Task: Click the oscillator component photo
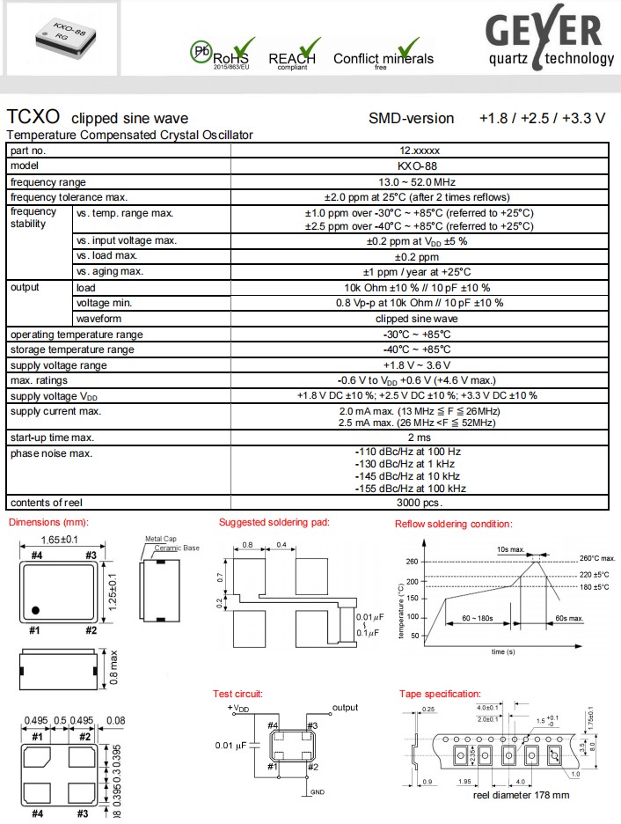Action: click(x=61, y=40)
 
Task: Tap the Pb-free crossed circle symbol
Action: click(x=201, y=51)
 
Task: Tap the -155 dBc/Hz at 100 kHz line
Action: click(x=410, y=488)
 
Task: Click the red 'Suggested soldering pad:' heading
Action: click(x=274, y=522)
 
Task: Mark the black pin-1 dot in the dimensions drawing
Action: click(x=36, y=610)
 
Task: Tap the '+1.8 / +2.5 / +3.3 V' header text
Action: click(x=542, y=118)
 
